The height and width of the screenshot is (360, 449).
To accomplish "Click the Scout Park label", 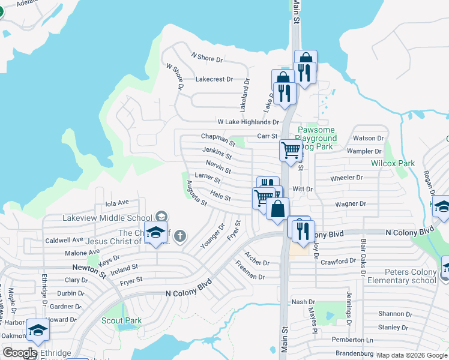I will (121, 320).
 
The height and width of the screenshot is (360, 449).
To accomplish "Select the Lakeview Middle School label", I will (107, 218).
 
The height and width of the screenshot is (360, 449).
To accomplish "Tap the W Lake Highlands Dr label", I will (248, 122).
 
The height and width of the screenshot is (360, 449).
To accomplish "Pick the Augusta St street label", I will (197, 193).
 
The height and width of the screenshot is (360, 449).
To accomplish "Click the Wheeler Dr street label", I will (347, 178).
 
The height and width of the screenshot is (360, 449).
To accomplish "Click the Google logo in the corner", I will (20, 353).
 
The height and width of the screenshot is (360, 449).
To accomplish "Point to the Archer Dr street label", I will (256, 261).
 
